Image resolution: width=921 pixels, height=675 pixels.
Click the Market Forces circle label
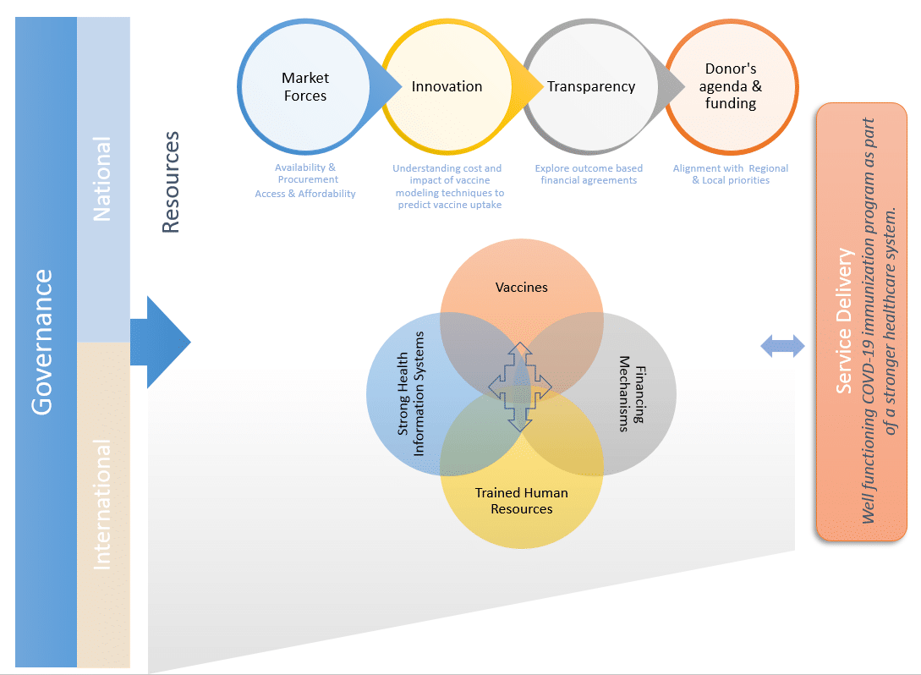click(x=305, y=87)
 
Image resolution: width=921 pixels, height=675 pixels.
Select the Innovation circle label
click(x=447, y=86)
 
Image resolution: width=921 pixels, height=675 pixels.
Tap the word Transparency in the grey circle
click(x=590, y=86)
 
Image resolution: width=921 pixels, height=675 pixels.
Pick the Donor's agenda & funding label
click(x=731, y=86)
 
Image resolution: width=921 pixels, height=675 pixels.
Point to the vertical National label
click(x=102, y=180)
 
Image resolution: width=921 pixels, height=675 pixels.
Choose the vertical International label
click(x=102, y=504)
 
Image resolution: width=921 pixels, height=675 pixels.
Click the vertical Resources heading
click(x=172, y=182)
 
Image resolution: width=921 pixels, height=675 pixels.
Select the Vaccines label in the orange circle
click(x=521, y=288)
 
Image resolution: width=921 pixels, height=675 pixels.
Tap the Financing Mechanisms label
click(x=631, y=393)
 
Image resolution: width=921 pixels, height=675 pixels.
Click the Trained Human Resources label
click(x=521, y=501)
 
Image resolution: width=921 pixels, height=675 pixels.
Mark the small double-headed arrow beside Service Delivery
click(x=782, y=345)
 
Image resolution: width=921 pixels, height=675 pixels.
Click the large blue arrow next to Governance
click(x=162, y=343)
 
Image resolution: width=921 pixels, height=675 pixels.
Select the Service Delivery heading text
click(x=844, y=321)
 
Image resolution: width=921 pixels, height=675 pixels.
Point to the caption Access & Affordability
click(x=305, y=194)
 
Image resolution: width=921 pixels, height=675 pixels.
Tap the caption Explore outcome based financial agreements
click(x=589, y=174)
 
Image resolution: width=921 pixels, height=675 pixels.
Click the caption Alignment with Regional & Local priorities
click(x=731, y=174)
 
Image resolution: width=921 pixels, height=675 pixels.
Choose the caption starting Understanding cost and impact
click(x=447, y=186)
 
